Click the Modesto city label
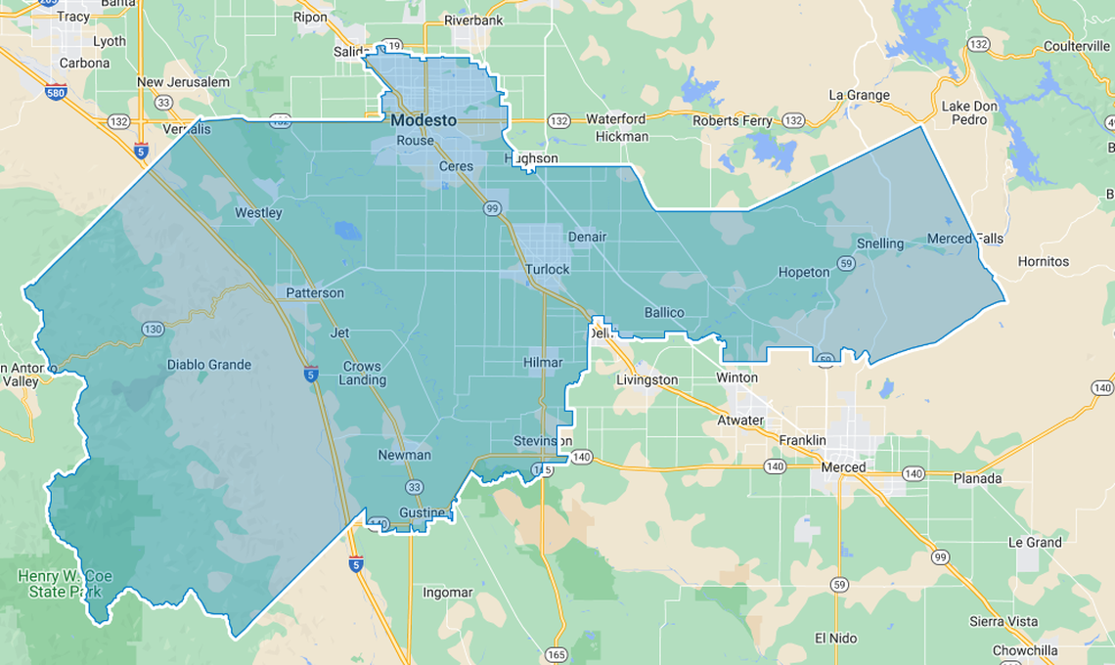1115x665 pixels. pos(423,120)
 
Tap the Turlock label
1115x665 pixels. pos(547,269)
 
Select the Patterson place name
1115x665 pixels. pos(314,292)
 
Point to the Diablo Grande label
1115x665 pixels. pos(208,365)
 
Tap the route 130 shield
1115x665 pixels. pos(153,329)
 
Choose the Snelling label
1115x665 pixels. pos(880,244)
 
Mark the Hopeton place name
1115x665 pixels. pos(803,272)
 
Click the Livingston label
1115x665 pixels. pos(647,379)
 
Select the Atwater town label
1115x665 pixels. pos(739,421)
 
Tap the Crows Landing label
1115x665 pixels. pos(363,374)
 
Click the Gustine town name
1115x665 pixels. pos(422,513)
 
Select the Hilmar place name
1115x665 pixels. pos(543,363)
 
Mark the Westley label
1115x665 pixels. pos(258,212)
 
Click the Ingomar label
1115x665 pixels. pos(447,593)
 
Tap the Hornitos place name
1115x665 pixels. pos(1043,261)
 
